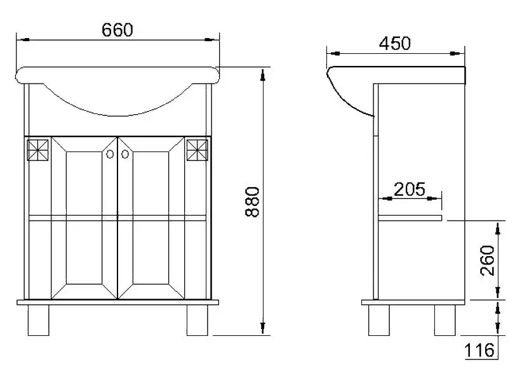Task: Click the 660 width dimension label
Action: point(117,30)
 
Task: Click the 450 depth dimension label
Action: point(394,43)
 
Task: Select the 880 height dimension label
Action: point(253,202)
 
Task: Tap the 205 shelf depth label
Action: point(409,189)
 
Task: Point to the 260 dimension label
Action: point(487,260)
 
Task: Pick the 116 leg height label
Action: point(479,350)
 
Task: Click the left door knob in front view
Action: point(110,154)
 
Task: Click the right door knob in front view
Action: point(125,154)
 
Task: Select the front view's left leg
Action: point(39,321)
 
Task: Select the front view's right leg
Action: point(197,321)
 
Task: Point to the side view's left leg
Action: point(380,321)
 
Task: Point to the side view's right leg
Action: point(446,321)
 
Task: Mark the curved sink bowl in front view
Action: point(117,101)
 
